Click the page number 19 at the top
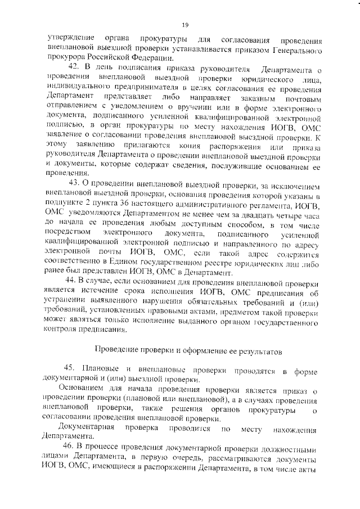(184, 24)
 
